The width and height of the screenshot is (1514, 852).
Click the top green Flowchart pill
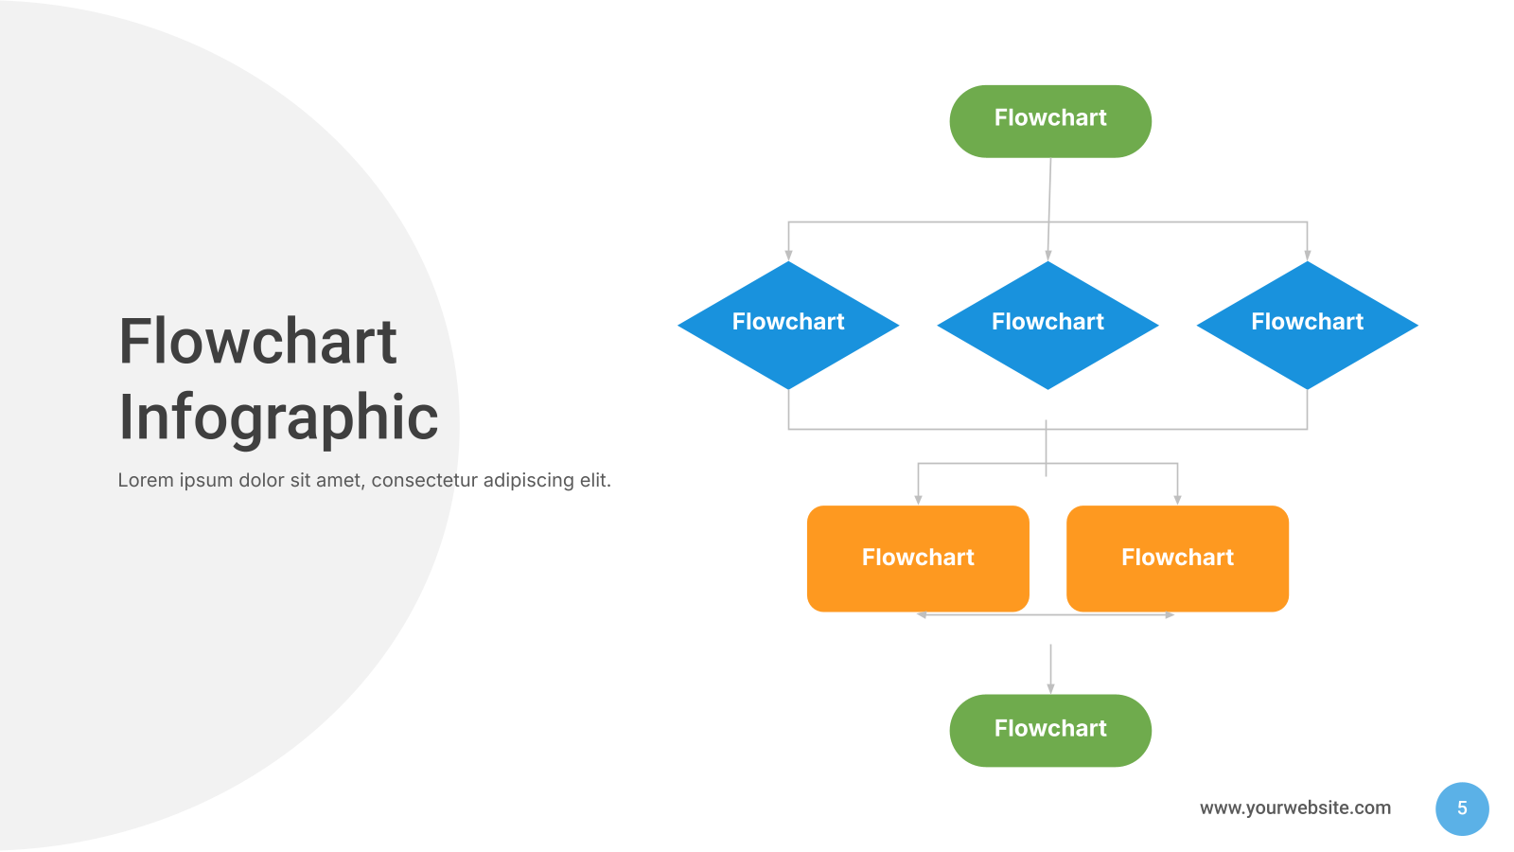[1050, 122]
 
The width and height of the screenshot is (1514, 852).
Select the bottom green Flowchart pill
[1050, 731]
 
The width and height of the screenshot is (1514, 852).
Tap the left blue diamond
[788, 326]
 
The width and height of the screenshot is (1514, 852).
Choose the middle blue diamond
[1047, 326]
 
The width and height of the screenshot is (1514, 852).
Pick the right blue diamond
[1307, 326]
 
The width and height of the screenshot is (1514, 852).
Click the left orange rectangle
[918, 559]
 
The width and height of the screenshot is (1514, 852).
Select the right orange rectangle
[1177, 559]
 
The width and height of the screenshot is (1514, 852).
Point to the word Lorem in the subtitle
[146, 480]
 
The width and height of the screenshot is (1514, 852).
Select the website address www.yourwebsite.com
[1295, 808]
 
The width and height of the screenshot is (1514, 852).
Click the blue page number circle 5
[1462, 808]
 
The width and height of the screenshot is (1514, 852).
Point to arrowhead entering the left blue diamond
[788, 256]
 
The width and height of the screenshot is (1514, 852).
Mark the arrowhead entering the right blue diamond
[1307, 256]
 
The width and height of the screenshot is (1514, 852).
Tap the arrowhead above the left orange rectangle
[918, 500]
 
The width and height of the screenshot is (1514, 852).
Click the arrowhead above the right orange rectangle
[1177, 500]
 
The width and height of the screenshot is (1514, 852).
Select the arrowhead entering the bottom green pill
[1050, 688]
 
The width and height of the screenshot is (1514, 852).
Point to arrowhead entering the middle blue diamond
[1047, 256]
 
